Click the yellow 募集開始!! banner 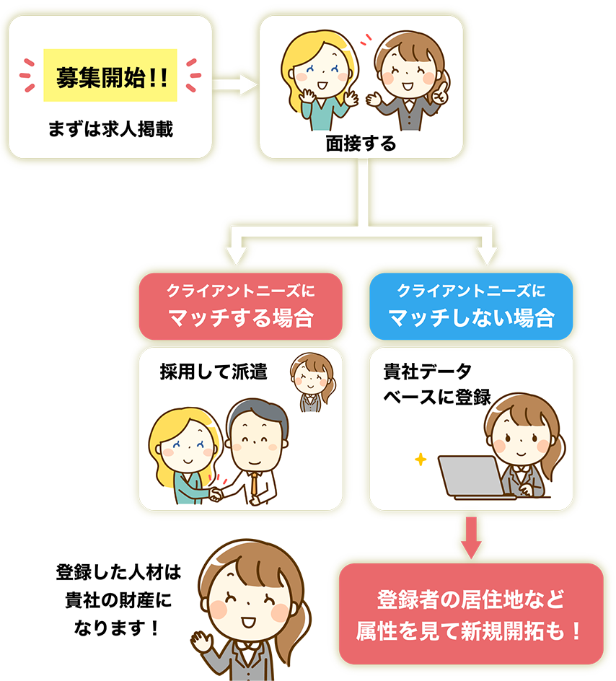tap(110, 75)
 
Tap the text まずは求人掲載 tap(110, 130)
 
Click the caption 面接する tap(361, 144)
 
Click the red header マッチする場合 tap(240, 306)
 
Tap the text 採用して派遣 tap(214, 372)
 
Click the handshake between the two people tap(216, 494)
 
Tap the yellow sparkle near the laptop tap(421, 459)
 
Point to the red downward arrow tap(470, 537)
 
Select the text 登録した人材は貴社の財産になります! tap(115, 599)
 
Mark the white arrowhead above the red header tap(237, 254)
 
